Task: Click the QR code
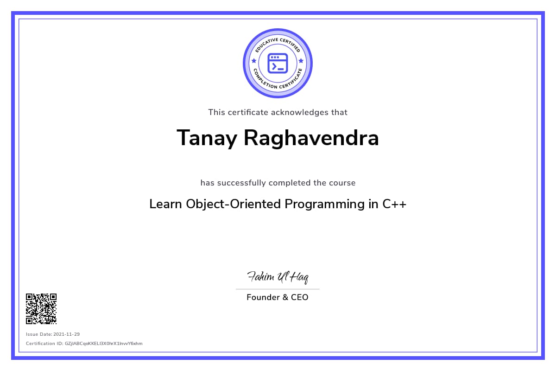(x=41, y=309)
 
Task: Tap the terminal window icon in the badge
(x=278, y=64)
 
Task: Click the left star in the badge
(x=254, y=61)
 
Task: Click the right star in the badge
(x=301, y=61)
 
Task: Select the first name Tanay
(x=207, y=138)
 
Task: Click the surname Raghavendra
(x=311, y=138)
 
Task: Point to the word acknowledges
(x=300, y=112)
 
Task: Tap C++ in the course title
(x=394, y=204)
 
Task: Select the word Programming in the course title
(x=324, y=205)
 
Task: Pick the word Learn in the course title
(x=165, y=204)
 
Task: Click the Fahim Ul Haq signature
(x=278, y=277)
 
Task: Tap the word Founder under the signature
(x=263, y=297)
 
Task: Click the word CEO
(x=300, y=297)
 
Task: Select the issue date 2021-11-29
(x=67, y=334)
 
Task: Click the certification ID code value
(x=104, y=344)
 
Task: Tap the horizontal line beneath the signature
(x=278, y=289)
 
